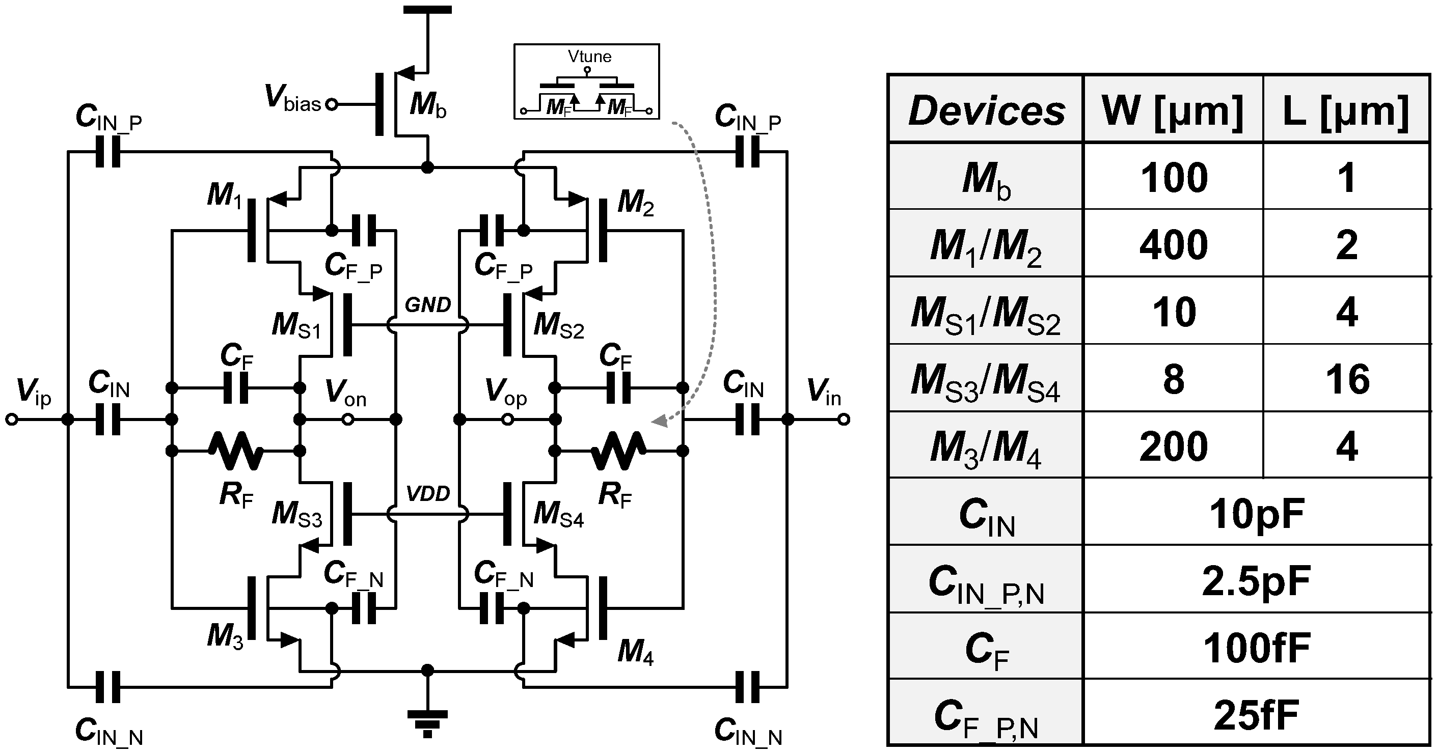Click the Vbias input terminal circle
click(x=331, y=104)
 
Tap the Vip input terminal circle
click(x=11, y=419)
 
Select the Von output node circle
click(x=348, y=419)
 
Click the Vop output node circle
click(x=507, y=419)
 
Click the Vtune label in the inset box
click(x=589, y=57)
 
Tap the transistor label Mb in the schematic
click(x=427, y=104)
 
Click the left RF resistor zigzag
click(x=235, y=451)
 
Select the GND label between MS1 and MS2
click(x=427, y=305)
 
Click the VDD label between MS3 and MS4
click(x=427, y=493)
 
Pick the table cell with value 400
click(x=1174, y=244)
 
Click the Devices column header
click(x=986, y=110)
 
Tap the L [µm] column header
click(x=1346, y=110)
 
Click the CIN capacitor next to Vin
click(x=747, y=419)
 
